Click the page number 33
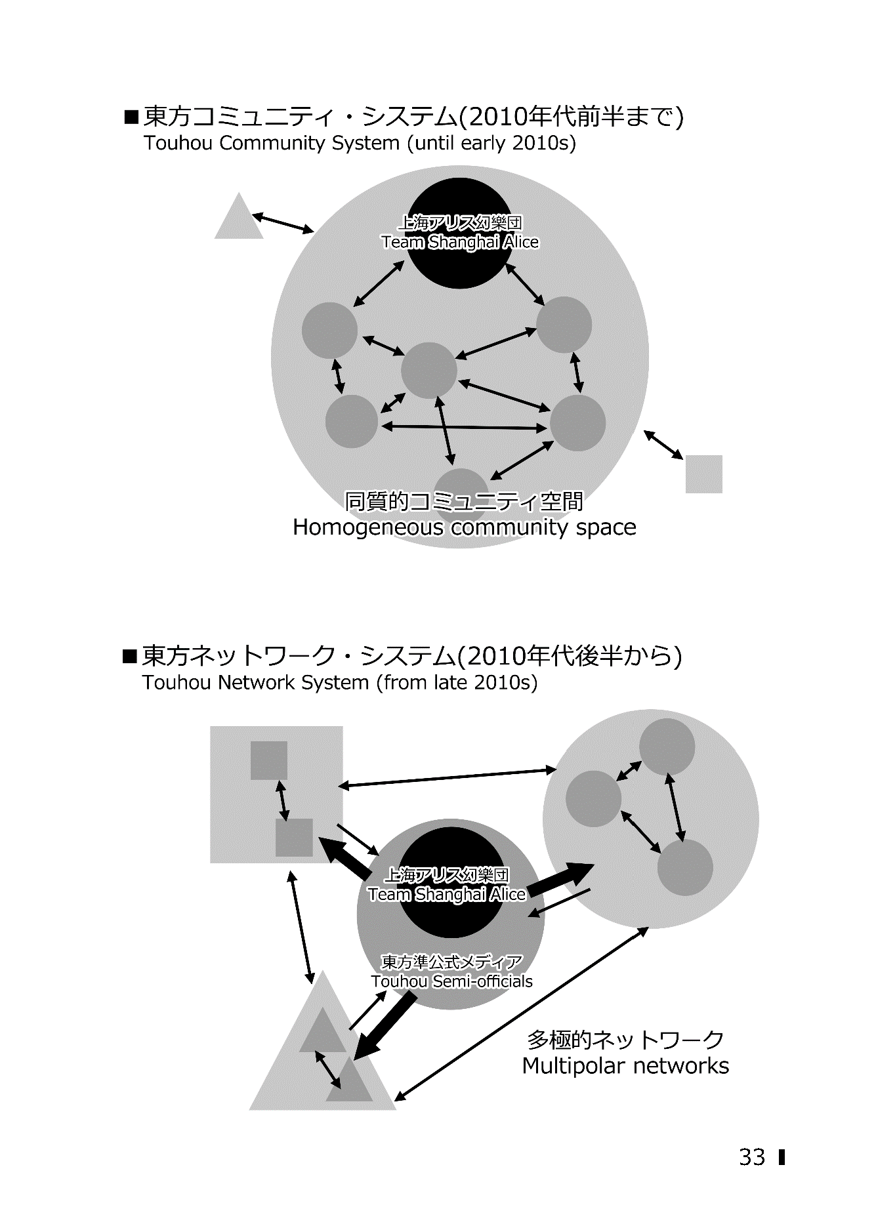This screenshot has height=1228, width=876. pos(752,1156)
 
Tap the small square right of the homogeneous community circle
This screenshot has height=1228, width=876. pos(704,474)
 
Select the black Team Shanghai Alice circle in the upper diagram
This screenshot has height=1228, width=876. pos(459,233)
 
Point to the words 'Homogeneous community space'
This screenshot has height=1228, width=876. pos(465,527)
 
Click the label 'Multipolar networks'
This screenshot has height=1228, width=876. pos(625,1065)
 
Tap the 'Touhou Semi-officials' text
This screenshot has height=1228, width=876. pos(451,981)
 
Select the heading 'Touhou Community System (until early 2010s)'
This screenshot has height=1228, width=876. pos(360,143)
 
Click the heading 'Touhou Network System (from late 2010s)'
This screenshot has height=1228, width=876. pos(340,683)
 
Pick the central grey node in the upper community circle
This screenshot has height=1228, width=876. pos(429,370)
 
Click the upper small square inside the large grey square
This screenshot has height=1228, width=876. pos(269,760)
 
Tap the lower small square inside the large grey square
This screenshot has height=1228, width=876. pos(294,838)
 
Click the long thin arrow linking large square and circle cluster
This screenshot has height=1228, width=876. pos(448,778)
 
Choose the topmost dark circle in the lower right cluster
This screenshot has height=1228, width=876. pos(667,747)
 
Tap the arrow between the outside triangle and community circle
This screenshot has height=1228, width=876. pos(283,223)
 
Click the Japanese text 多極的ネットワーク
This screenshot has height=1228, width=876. pos(625,1039)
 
